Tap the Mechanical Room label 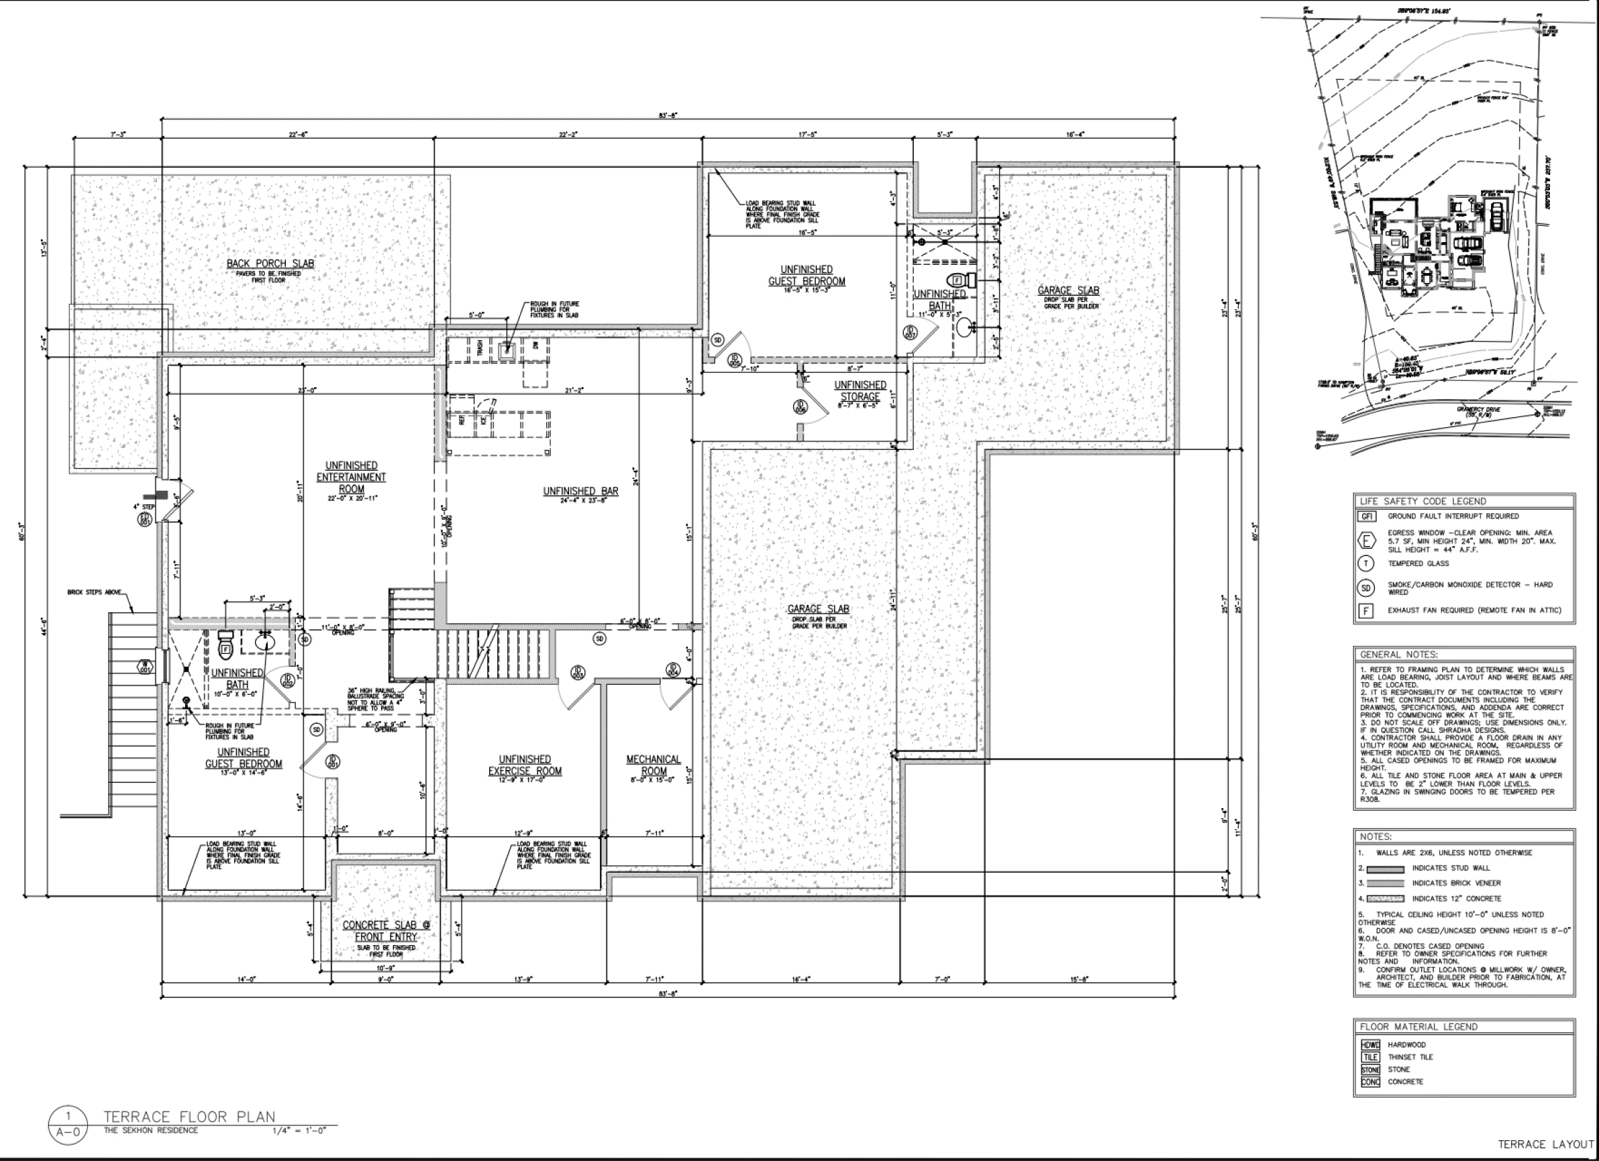click(654, 765)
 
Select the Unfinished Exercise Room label click(525, 765)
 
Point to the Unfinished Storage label click(860, 390)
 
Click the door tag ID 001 click(333, 761)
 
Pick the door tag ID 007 click(909, 331)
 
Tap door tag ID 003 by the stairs click(578, 672)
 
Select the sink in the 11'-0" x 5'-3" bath click(963, 327)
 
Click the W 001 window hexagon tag click(144, 666)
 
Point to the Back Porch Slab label click(270, 264)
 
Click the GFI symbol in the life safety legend click(1367, 516)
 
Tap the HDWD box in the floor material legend click(1370, 1045)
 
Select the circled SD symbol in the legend click(1366, 588)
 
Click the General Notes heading click(1399, 654)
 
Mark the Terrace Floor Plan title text click(189, 1117)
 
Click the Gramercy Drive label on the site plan click(1478, 410)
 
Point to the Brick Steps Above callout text click(95, 592)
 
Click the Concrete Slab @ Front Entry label click(386, 930)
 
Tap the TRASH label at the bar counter click(479, 347)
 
